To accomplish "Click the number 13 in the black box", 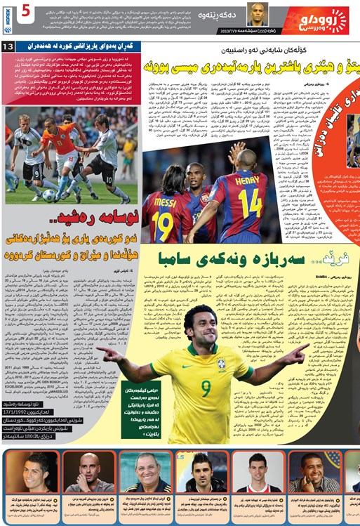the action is click(x=10, y=46).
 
